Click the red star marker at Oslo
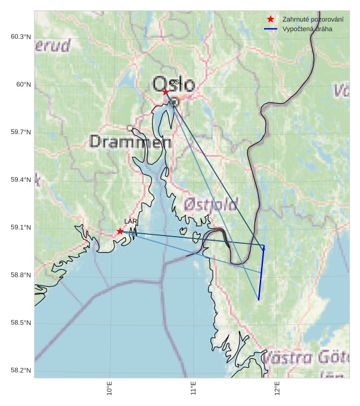pos(166,92)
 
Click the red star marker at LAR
pos(120,231)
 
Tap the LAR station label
pos(131,221)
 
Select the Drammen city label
pos(131,142)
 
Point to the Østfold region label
pos(211,204)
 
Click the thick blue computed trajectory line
pos(261,274)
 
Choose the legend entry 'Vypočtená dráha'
pos(307,29)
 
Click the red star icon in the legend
pos(271,19)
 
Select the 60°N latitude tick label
pos(24,85)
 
